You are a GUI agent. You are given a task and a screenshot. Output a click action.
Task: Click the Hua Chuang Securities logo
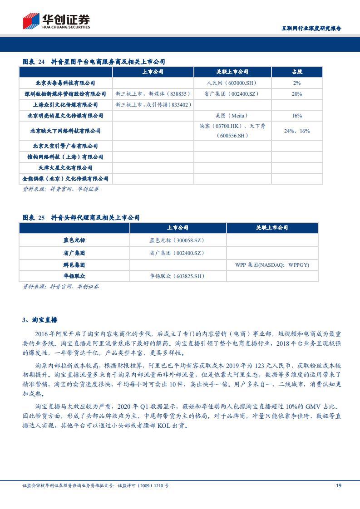(x=56, y=21)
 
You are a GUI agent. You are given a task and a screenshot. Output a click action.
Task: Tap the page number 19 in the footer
(x=338, y=485)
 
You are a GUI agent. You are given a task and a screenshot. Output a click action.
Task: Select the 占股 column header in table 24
(x=297, y=72)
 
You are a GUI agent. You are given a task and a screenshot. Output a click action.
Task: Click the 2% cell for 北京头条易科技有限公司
(x=297, y=83)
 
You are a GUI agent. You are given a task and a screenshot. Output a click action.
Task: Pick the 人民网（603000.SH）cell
(x=232, y=83)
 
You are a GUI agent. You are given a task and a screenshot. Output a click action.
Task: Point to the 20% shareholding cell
(x=297, y=94)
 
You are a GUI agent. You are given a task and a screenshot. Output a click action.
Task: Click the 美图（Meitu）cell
(x=232, y=116)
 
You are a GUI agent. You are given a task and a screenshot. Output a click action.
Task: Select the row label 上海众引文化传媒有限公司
(x=65, y=105)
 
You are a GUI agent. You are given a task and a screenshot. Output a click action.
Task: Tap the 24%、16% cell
(x=297, y=131)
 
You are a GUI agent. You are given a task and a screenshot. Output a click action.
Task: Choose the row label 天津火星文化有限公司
(x=65, y=168)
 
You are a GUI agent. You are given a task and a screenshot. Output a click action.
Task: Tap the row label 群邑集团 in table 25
(x=74, y=265)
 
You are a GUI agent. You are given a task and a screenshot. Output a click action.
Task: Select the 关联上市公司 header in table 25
(x=272, y=228)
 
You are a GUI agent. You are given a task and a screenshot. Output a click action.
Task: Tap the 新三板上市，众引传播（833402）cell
(x=153, y=105)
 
